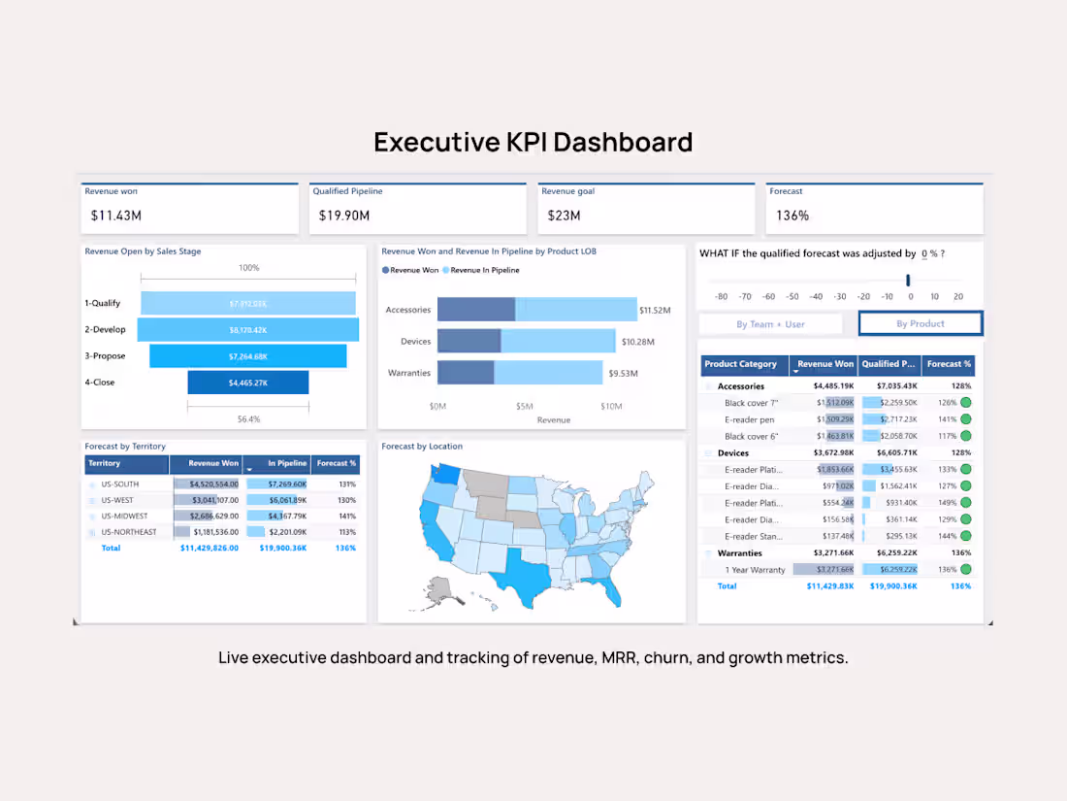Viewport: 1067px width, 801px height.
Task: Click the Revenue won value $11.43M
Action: (115, 216)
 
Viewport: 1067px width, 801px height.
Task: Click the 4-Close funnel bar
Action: (247, 383)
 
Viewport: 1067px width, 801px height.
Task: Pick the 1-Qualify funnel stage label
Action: (102, 303)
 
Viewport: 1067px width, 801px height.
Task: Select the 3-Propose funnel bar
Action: (247, 356)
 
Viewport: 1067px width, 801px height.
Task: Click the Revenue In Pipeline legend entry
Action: (484, 270)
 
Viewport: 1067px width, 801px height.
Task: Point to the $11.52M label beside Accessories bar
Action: (655, 311)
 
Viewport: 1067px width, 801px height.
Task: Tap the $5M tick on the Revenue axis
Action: (524, 406)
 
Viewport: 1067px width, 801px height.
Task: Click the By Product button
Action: (920, 324)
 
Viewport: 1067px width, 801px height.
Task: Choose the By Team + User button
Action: (770, 324)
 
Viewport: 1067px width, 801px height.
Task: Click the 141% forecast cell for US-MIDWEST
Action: (346, 516)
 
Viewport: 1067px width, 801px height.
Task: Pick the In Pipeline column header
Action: (287, 464)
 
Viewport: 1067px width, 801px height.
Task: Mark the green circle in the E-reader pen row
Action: (965, 419)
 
